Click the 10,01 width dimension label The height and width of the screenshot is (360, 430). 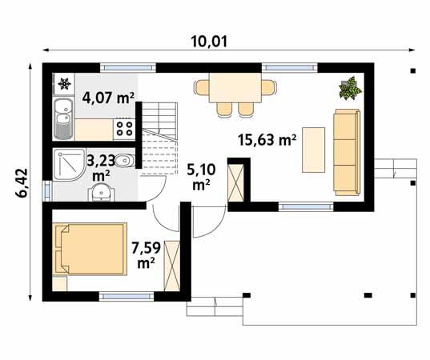click(x=209, y=42)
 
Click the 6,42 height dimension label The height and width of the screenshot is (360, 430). click(x=22, y=182)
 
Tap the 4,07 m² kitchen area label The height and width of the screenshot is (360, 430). click(x=109, y=98)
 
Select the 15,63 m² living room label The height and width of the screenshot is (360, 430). click(x=267, y=140)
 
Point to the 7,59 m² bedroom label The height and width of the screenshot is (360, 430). click(x=146, y=255)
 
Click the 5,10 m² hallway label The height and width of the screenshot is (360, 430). click(x=201, y=178)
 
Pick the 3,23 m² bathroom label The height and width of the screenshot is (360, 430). click(x=101, y=168)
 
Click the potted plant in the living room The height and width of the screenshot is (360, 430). click(x=350, y=88)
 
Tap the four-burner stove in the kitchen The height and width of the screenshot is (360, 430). click(x=124, y=129)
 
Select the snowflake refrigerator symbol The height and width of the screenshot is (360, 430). click(x=65, y=83)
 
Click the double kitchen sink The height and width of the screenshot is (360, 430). click(x=63, y=118)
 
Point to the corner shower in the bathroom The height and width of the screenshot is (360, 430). click(x=69, y=165)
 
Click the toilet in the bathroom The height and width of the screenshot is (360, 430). click(x=125, y=161)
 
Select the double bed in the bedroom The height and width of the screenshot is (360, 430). click(x=90, y=249)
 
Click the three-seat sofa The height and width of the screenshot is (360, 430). click(x=347, y=152)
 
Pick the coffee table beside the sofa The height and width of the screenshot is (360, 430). click(x=313, y=150)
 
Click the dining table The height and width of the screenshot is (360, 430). click(x=235, y=88)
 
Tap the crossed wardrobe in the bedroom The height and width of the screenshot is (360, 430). click(x=171, y=266)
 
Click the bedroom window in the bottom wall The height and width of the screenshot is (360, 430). click(x=127, y=296)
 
